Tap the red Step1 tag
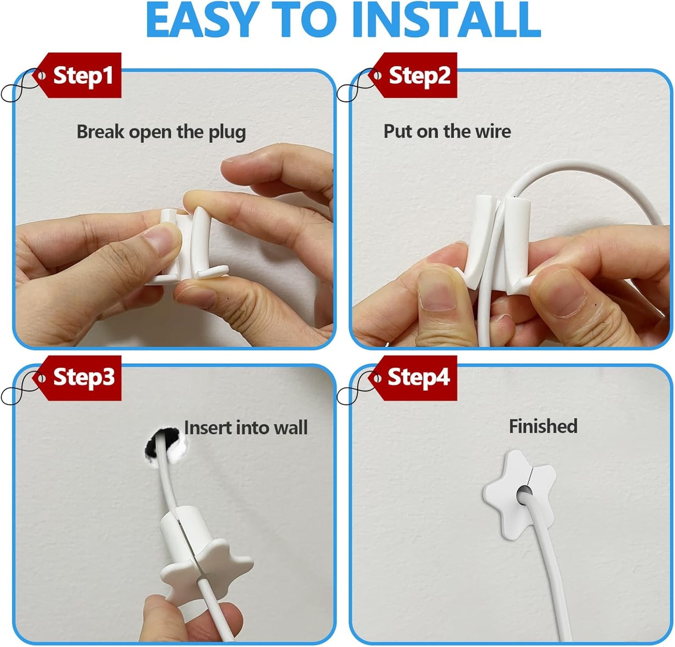(x=82, y=75)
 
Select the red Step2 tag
(x=418, y=75)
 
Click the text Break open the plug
(x=161, y=132)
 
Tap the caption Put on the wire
(x=447, y=131)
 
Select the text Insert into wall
(x=246, y=427)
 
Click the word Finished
(x=543, y=426)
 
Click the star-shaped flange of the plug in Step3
(x=206, y=568)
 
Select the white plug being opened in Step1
(x=187, y=245)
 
